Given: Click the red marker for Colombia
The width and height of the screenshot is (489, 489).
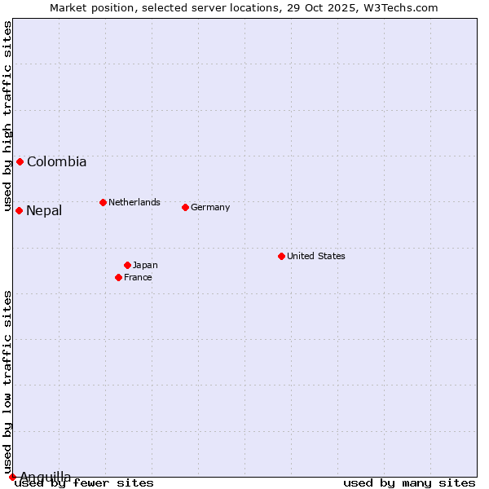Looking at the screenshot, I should [x=20, y=161].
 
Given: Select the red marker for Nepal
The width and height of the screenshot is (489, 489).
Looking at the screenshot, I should [x=19, y=210].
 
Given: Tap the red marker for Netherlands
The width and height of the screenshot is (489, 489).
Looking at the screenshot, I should [x=103, y=202].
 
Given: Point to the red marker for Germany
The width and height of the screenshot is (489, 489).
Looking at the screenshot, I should [x=185, y=207].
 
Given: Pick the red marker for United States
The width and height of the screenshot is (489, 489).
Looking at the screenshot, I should [x=281, y=256].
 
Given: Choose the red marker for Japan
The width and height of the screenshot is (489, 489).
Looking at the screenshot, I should [x=127, y=265].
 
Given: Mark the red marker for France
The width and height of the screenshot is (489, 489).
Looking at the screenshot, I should [x=118, y=277].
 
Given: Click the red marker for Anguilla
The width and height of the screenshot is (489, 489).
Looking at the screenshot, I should [x=12, y=477].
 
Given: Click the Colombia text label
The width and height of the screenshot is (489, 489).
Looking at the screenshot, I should [x=56, y=162].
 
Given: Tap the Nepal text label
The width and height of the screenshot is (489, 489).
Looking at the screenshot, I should [x=44, y=211].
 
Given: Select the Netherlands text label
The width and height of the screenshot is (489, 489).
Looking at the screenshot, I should [x=134, y=202].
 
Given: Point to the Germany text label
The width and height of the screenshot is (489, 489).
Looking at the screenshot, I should [x=210, y=207].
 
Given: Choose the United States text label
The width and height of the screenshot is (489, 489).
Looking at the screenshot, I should [x=316, y=256].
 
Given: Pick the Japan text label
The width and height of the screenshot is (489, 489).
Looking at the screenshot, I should [x=145, y=265].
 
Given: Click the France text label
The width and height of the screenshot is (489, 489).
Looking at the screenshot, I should [x=138, y=277].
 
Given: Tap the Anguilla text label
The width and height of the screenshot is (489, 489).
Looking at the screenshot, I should [x=46, y=477].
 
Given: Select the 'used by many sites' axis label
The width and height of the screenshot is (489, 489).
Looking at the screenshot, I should [x=409, y=483].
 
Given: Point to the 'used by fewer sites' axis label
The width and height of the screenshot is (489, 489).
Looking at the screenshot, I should [x=85, y=483].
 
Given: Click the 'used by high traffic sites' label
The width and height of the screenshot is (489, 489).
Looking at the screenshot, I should [x=7, y=117].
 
